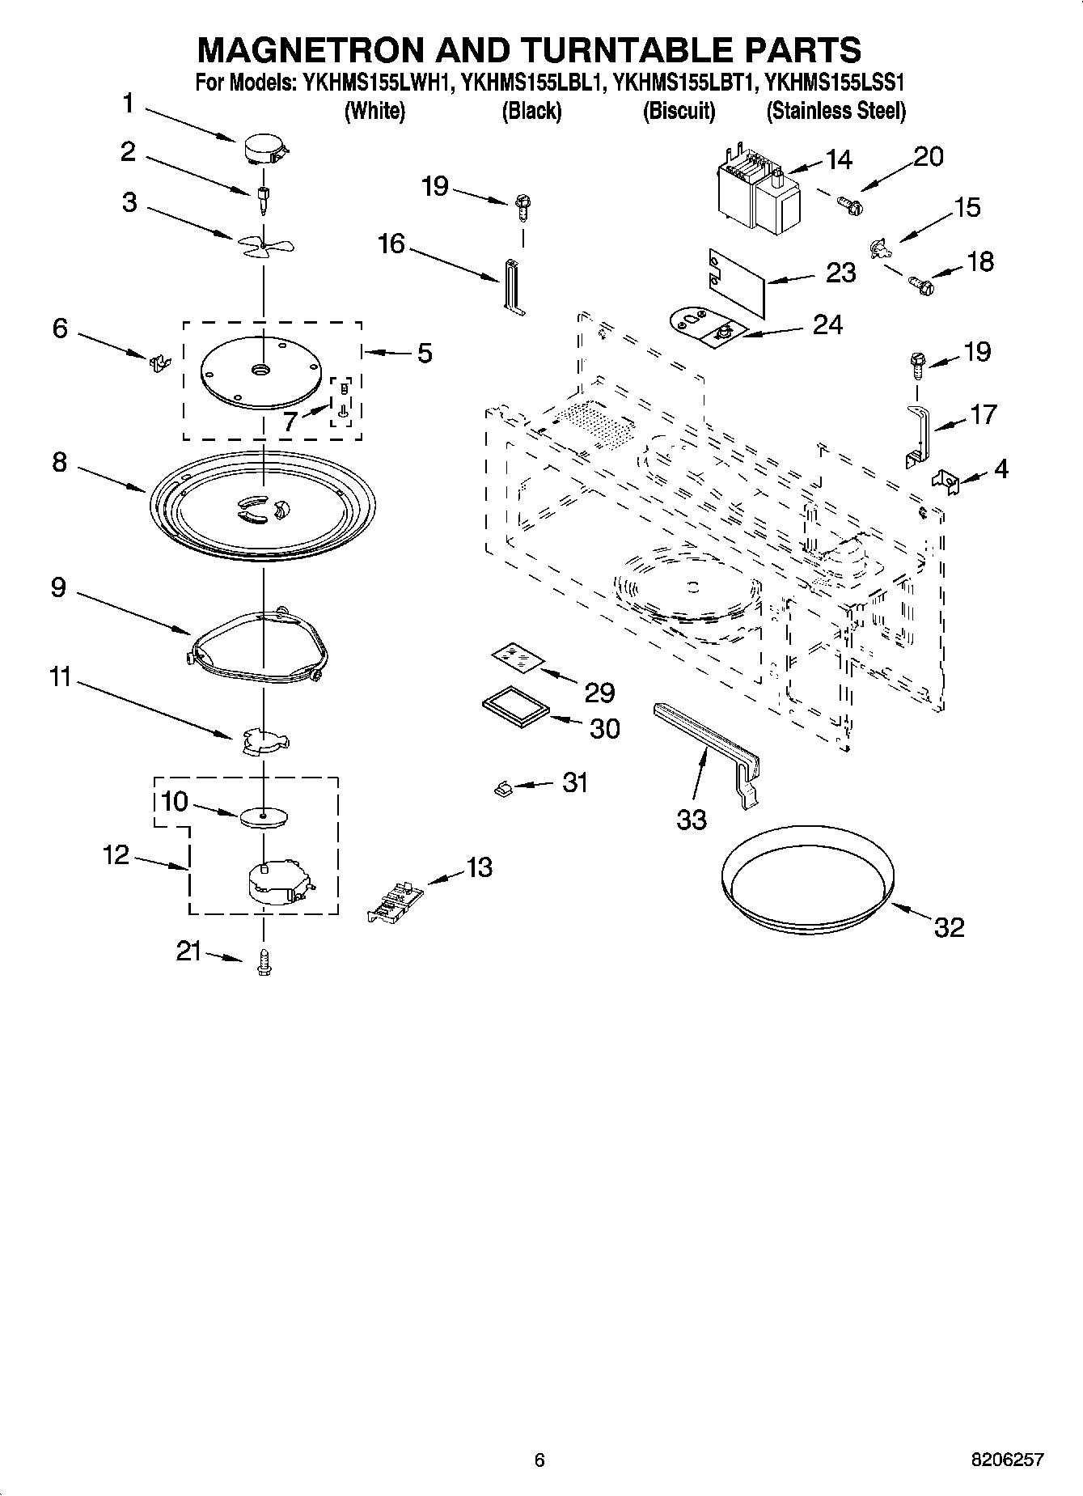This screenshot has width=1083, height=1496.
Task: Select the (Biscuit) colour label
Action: coord(679,111)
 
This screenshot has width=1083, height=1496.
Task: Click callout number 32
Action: coord(949,927)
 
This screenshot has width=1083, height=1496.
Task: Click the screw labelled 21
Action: coord(263,962)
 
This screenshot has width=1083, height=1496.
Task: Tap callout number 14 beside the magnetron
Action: coord(839,160)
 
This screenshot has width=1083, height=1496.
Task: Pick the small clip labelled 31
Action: coord(501,787)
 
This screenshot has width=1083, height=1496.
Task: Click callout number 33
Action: coord(692,820)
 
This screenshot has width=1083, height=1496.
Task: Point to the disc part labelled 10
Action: coord(264,816)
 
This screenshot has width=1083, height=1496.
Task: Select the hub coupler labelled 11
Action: coord(264,740)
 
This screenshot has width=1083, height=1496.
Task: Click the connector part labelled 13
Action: coord(394,901)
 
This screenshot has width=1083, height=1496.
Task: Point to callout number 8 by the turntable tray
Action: coord(59,463)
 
